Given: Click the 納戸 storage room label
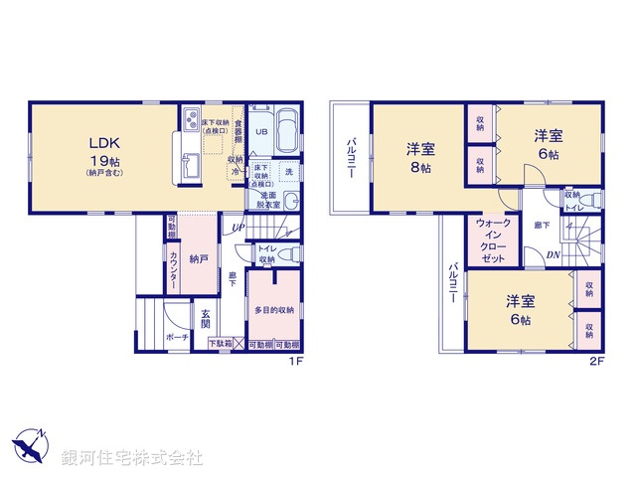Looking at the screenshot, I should (199, 258).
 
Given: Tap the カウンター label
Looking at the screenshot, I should (173, 269).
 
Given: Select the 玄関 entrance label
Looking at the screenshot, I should (205, 317).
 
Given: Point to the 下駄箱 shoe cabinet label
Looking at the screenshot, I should (220, 344).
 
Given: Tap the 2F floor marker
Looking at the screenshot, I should (597, 361).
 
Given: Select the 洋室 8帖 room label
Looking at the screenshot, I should (419, 158).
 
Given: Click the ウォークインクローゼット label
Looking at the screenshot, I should (493, 239).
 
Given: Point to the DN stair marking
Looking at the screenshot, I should (553, 254).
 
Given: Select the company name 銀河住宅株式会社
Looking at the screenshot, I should (134, 458).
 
